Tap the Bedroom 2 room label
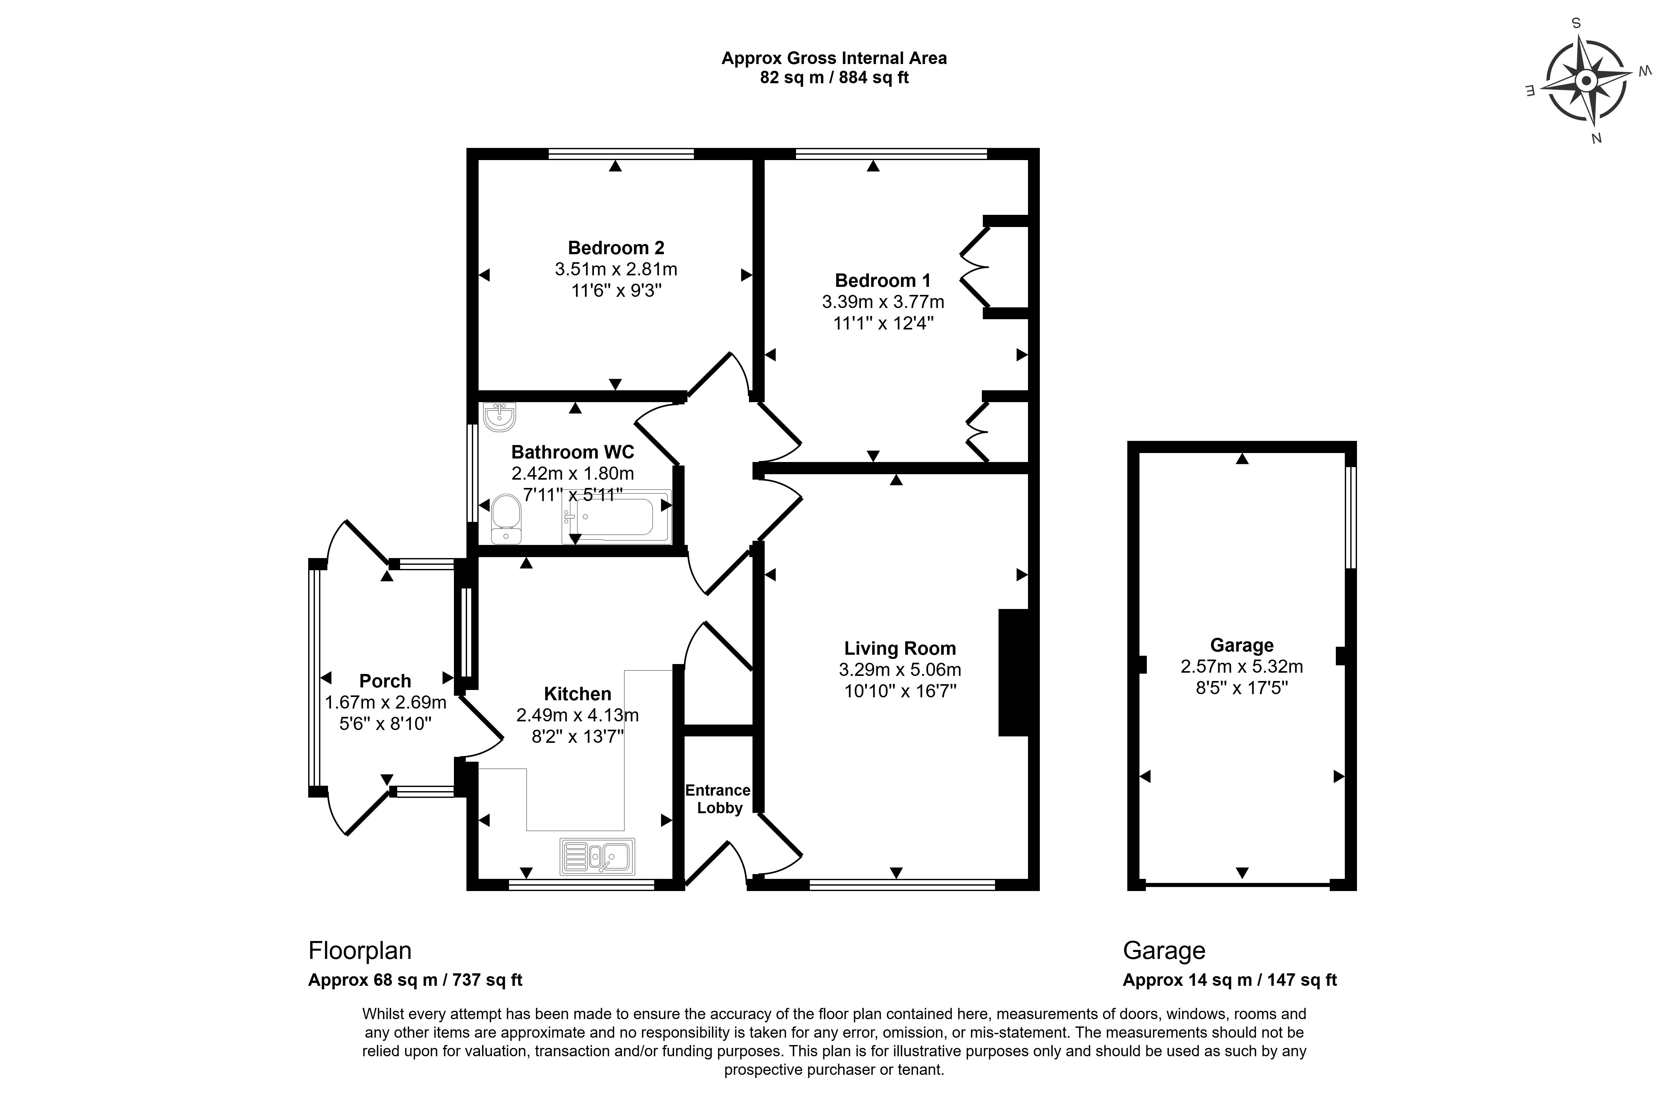click(x=616, y=247)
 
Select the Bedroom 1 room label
click(x=882, y=281)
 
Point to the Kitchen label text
click(x=577, y=693)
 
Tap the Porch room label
click(x=385, y=681)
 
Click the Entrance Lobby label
click(x=718, y=799)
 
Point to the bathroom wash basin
click(x=499, y=417)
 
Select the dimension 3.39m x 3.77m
click(x=882, y=302)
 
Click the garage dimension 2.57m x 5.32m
click(x=1241, y=666)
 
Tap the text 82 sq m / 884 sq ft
click(x=834, y=77)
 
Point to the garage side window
click(x=1350, y=517)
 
